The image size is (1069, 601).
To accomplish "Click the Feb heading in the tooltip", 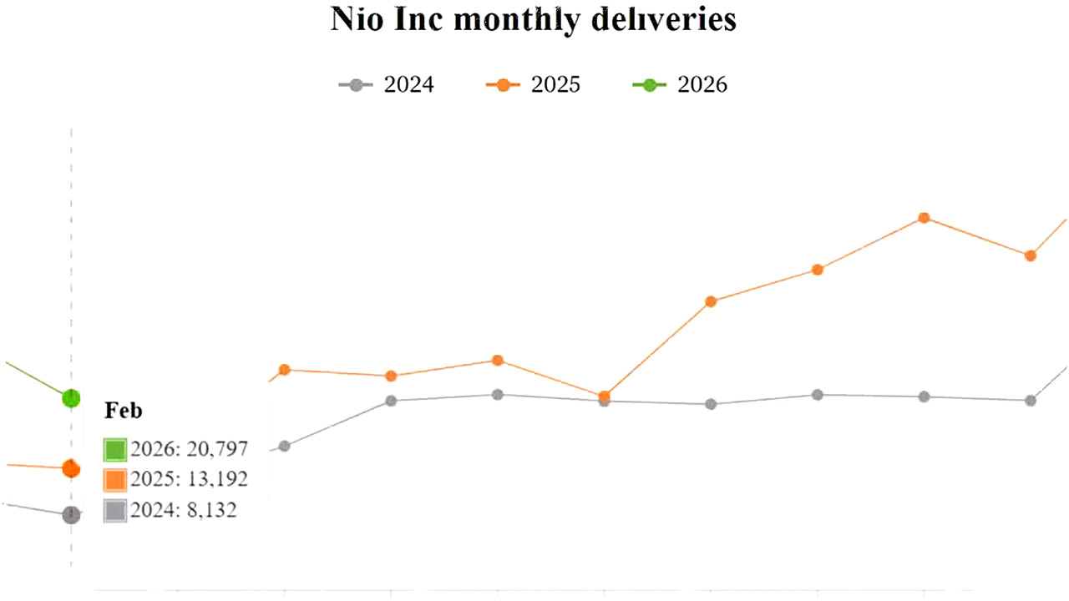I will pyautogui.click(x=124, y=410).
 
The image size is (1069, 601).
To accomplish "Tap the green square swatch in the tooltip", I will pyautogui.click(x=114, y=450).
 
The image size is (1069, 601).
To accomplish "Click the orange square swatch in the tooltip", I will pyautogui.click(x=114, y=480).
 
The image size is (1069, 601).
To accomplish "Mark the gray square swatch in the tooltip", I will pyautogui.click(x=114, y=511).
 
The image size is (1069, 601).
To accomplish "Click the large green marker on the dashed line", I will pyautogui.click(x=71, y=398).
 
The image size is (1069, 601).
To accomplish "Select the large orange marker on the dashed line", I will pyautogui.click(x=71, y=468).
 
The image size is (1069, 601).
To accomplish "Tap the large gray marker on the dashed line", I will pyautogui.click(x=71, y=515).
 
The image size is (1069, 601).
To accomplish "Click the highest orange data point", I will pyautogui.click(x=924, y=218).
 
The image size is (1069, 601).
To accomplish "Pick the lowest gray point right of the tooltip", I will pyautogui.click(x=284, y=446).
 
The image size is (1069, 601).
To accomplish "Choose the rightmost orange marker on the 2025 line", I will pyautogui.click(x=1031, y=255).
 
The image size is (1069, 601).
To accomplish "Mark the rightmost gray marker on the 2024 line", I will pyautogui.click(x=1031, y=401).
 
